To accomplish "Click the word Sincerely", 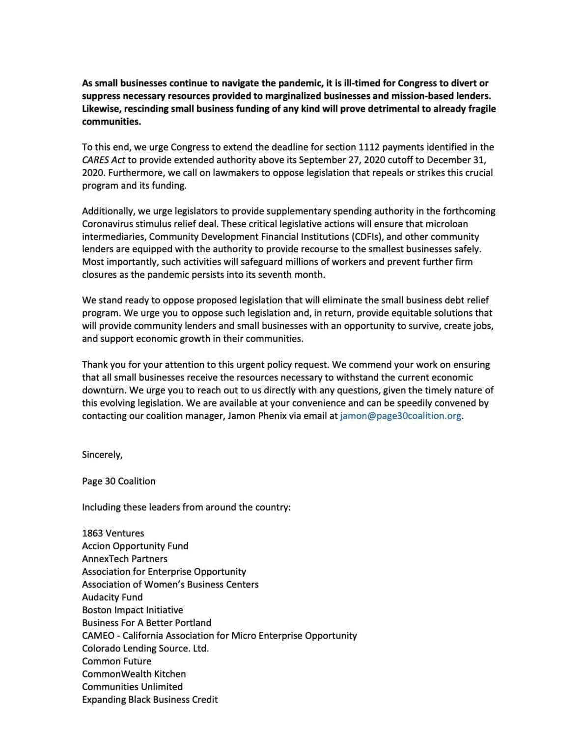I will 102,455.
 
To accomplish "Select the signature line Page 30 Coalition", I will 118,481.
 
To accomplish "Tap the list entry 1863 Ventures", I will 113,533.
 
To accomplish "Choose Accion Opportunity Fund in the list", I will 135,546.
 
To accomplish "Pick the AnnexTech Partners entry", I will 125,559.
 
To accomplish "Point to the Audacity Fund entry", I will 112,597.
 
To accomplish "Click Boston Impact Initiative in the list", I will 133,610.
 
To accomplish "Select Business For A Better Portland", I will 146,622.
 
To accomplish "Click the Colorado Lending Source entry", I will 145,648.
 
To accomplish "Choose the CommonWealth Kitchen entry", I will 134,673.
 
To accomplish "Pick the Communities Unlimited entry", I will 132,686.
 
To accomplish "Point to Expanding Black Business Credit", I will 150,699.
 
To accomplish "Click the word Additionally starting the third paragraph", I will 109,211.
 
